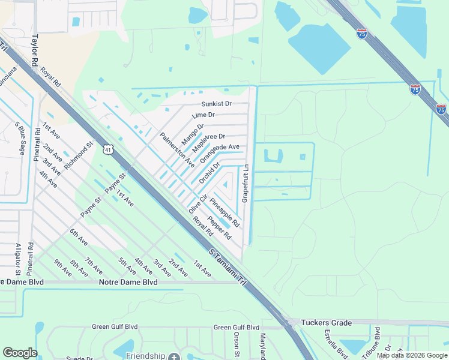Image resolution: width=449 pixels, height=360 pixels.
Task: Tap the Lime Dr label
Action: [x=203, y=115]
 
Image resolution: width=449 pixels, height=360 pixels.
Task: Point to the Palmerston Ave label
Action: [x=177, y=149]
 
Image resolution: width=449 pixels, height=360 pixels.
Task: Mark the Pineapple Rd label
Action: [x=225, y=212]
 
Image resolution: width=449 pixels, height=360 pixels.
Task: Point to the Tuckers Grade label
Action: [x=326, y=323]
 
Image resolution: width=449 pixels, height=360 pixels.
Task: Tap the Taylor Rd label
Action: [x=35, y=53]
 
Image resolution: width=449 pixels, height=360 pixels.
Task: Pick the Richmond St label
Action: [x=79, y=155]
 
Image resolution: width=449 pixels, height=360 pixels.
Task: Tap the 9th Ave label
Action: [x=62, y=268]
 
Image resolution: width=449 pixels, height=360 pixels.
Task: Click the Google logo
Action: [x=20, y=353]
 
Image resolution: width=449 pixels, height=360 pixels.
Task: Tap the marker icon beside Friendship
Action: [x=174, y=356]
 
